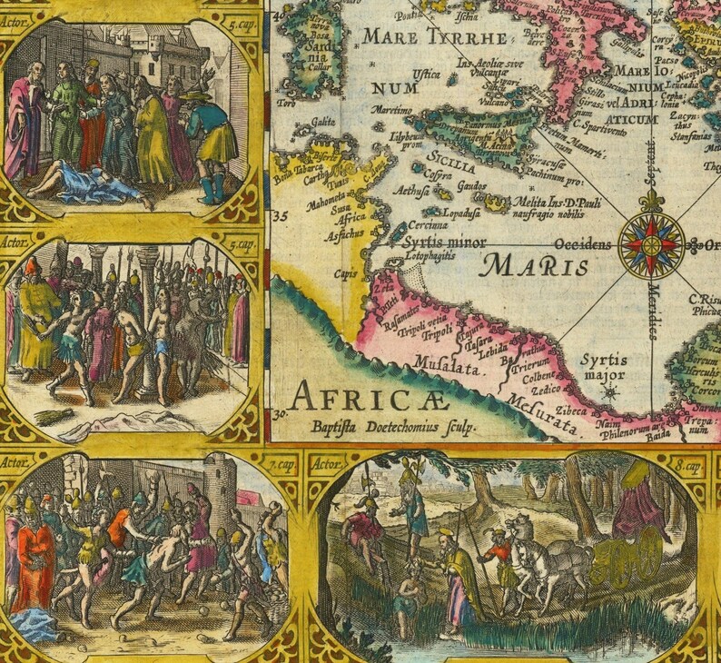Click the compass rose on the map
click(651, 244)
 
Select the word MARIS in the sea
click(535, 266)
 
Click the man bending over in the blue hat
click(211, 136)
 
